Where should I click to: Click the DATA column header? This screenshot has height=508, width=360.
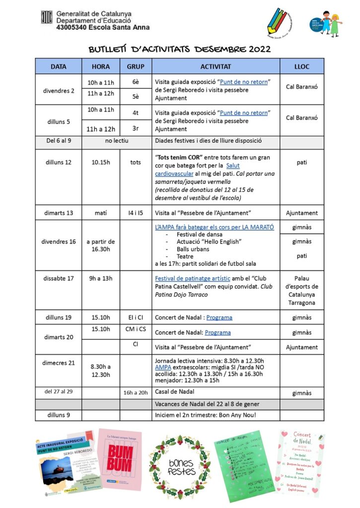58,66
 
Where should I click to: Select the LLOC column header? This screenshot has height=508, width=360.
302,66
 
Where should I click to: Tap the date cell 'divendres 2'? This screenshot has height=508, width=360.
58,90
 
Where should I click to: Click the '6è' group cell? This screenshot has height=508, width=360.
136,82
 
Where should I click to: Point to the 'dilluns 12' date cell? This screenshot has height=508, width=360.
58,162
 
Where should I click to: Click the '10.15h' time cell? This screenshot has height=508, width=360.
101,162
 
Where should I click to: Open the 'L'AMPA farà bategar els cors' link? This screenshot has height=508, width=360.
215,227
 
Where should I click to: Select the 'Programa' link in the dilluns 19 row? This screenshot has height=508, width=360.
219,317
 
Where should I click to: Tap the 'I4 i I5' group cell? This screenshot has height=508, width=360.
136,213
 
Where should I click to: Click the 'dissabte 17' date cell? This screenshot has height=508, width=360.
58,279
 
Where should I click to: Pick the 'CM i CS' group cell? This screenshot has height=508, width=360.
136,329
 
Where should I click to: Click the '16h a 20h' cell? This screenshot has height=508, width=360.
136,393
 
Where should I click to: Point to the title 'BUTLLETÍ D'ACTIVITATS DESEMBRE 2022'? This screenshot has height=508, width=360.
179,49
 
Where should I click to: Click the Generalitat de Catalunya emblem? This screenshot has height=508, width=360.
47,17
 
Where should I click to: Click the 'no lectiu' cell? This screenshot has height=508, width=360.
117,140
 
